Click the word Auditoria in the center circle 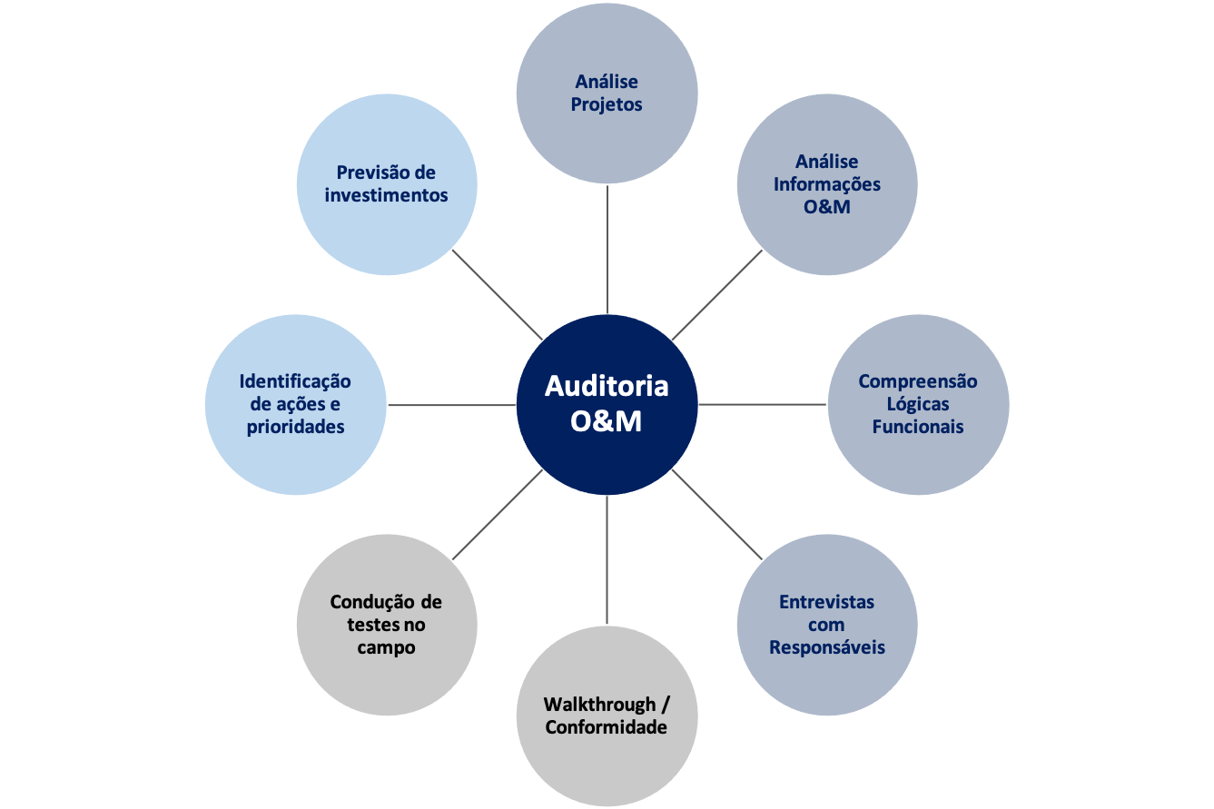pos(607,386)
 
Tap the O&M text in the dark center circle pos(607,421)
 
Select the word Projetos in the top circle pos(607,104)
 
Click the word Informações pos(826,183)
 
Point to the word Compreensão pos(918,381)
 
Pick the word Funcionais pos(918,427)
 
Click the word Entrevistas pos(826,602)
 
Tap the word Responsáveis pos(826,647)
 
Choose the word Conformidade pos(607,727)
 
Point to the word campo pos(386,647)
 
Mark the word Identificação pos(295,381)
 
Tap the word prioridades pos(295,427)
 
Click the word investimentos pos(387,195)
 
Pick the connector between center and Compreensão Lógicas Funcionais pos(763,404)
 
